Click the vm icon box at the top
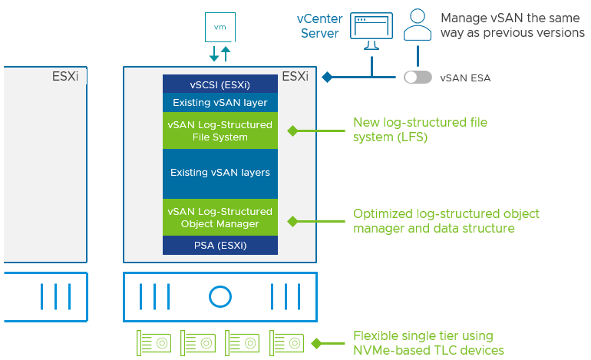click(x=220, y=26)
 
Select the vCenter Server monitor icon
click(x=371, y=28)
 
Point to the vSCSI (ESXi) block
click(x=220, y=84)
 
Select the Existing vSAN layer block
click(x=220, y=102)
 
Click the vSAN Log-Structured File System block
click(x=220, y=130)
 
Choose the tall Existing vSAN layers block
click(x=220, y=173)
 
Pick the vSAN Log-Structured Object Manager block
click(x=220, y=217)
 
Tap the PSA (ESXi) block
click(x=220, y=246)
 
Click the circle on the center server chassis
click(x=220, y=296)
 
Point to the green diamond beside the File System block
click(x=292, y=131)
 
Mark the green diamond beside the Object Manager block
click(x=292, y=221)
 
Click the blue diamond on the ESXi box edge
click(x=326, y=77)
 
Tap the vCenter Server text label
click(x=319, y=25)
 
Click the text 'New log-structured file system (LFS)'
click(x=419, y=130)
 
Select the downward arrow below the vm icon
click(x=214, y=54)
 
